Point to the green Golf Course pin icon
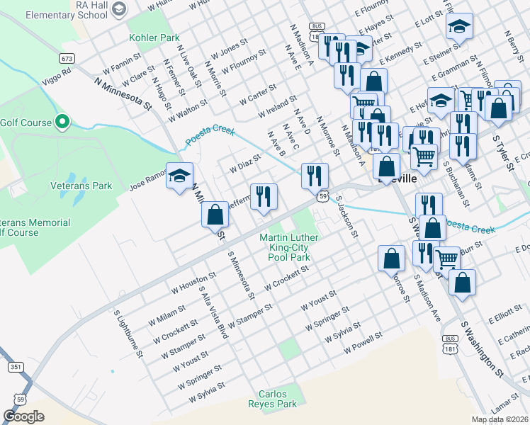pyautogui.click(x=62, y=123)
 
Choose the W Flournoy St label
pyautogui.click(x=243, y=62)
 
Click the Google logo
pyautogui.click(x=24, y=416)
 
